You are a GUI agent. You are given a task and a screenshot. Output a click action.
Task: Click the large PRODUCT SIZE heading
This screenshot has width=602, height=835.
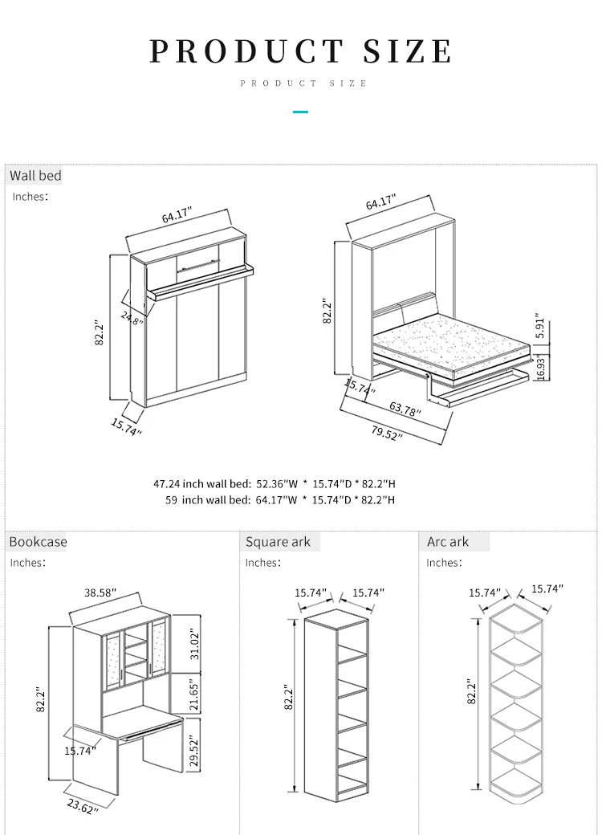301,51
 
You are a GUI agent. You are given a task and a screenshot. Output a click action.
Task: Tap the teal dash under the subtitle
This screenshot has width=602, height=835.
300,111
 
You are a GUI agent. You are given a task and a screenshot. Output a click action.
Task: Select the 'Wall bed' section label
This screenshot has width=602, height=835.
35,175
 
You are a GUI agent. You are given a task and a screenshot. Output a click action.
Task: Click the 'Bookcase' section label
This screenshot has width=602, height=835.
38,542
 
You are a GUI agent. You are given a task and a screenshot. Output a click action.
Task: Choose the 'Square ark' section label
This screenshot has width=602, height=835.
278,542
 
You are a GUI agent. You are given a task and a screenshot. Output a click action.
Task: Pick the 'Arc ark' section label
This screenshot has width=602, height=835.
448,542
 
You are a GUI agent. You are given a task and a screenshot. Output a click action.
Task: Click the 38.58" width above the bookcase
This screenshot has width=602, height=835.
100,593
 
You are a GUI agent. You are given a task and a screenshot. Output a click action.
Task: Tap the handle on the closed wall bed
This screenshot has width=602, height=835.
197,261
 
